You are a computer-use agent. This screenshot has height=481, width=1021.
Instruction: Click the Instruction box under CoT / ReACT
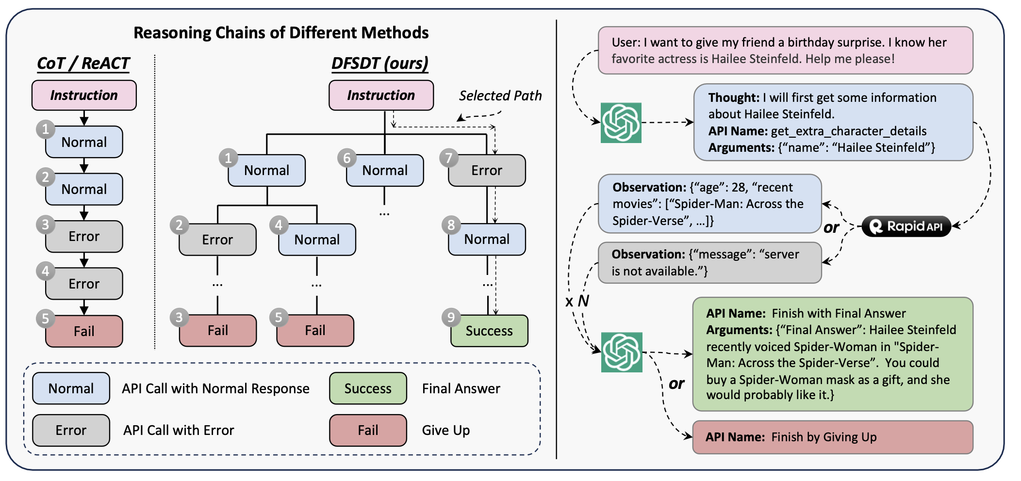click(84, 95)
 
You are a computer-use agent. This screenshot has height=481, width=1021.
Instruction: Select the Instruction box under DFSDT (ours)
click(381, 95)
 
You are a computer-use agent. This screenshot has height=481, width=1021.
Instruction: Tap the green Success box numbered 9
click(489, 331)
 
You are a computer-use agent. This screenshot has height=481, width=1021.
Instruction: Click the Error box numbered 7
click(487, 170)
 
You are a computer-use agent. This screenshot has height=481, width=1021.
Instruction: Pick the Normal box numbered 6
click(385, 170)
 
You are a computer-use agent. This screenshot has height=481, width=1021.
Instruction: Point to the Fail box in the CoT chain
click(84, 331)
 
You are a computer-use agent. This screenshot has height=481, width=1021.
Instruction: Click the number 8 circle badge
click(451, 225)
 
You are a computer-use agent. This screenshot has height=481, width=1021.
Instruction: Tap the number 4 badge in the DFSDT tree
click(279, 225)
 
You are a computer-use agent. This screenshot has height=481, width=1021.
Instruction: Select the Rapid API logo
click(906, 226)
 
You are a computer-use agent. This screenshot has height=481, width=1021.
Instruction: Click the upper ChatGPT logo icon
click(621, 123)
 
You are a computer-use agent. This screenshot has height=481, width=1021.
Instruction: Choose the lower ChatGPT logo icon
click(622, 352)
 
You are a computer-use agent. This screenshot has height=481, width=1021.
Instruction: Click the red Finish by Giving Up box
click(833, 437)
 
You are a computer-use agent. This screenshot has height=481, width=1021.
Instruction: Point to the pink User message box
click(786, 50)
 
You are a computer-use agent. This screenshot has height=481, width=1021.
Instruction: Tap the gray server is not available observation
click(710, 263)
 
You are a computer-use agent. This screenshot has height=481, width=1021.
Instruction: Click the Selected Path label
click(500, 96)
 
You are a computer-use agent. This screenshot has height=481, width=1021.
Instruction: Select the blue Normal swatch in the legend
click(71, 388)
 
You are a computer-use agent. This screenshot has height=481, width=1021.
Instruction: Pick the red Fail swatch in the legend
click(368, 430)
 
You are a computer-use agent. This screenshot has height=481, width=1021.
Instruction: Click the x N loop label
click(577, 302)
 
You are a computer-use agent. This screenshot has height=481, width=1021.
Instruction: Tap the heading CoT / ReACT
click(83, 64)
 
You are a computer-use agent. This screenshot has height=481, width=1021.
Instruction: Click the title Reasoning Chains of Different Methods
click(281, 32)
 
